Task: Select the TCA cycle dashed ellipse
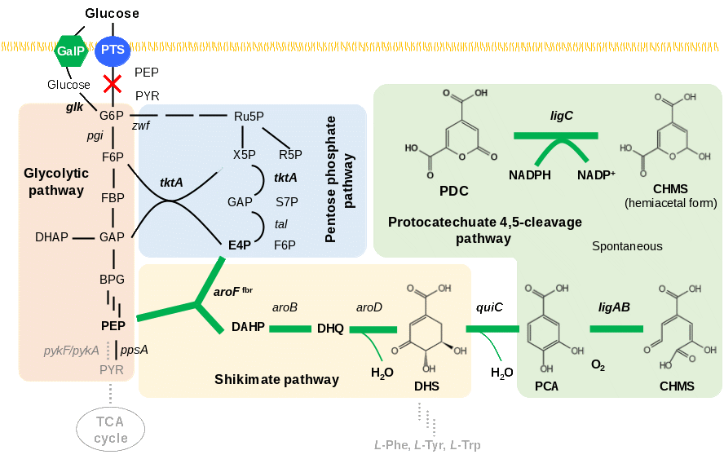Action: (x=111, y=430)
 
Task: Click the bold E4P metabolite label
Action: (x=239, y=244)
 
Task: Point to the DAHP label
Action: (x=248, y=327)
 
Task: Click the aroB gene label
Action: (x=285, y=307)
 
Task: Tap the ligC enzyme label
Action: (x=562, y=116)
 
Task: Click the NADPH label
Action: (x=531, y=175)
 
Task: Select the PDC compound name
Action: (x=453, y=192)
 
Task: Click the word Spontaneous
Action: (x=627, y=245)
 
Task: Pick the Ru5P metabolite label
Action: (x=249, y=116)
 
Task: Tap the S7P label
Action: (x=285, y=201)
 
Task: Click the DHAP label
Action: (x=51, y=237)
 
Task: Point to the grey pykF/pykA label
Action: (x=72, y=351)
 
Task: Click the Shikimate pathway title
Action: (x=276, y=379)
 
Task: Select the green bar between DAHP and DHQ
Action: (x=290, y=329)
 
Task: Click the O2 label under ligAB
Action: (x=598, y=364)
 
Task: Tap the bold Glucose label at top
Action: (x=113, y=13)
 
